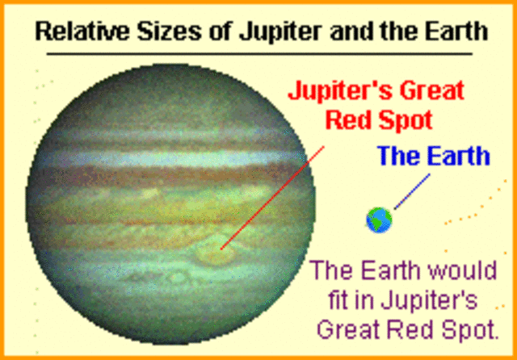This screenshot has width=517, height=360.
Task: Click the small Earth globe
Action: point(379,219)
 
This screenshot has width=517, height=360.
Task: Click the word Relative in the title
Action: point(77,32)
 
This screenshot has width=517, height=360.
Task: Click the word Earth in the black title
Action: point(452,32)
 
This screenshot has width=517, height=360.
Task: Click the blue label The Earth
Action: point(435,156)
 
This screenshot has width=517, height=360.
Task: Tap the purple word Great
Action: point(346,329)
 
